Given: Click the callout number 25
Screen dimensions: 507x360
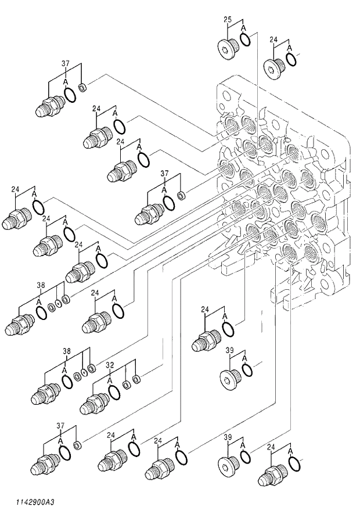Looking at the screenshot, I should click(228, 19).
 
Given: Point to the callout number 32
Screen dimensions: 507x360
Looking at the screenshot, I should click(109, 365).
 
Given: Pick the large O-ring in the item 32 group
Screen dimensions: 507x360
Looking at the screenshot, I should click(115, 392).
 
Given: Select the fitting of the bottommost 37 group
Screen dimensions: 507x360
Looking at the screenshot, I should click(46, 463).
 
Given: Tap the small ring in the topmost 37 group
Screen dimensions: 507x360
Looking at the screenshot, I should click(82, 88).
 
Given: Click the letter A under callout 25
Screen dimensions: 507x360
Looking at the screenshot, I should click(243, 28).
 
